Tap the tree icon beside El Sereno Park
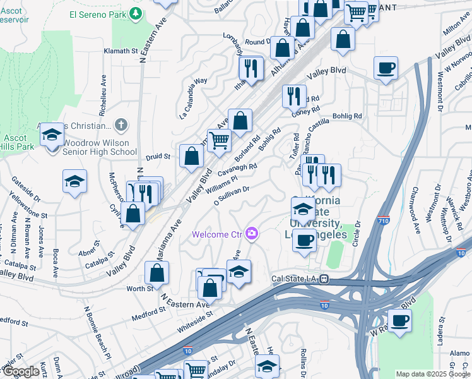(x=135, y=13)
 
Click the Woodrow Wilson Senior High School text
(x=100, y=147)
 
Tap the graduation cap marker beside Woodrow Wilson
(x=52, y=135)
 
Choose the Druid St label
(x=158, y=155)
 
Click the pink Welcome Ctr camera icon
(x=252, y=234)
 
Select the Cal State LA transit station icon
(x=323, y=279)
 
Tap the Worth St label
(x=140, y=288)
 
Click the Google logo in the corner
(x=21, y=371)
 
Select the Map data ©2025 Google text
(x=433, y=374)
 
